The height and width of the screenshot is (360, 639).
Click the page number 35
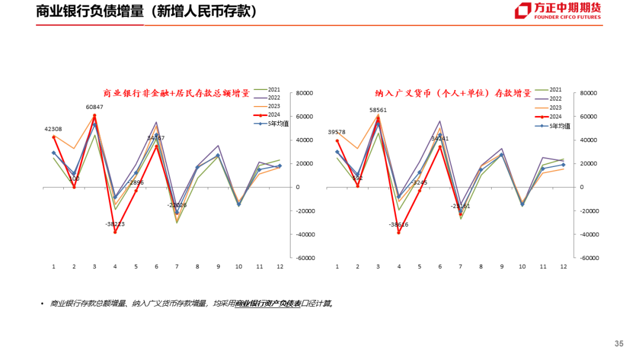tap(619, 344)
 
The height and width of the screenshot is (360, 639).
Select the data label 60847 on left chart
tap(95, 107)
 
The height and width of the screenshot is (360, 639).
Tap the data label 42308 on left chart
tap(53, 129)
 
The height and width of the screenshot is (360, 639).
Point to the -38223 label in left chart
tap(115, 224)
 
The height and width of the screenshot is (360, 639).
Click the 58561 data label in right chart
tap(379, 110)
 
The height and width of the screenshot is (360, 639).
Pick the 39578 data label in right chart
tap(337, 132)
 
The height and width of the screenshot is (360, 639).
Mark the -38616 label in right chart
tap(399, 225)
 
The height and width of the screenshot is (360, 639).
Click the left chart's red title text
tap(176, 94)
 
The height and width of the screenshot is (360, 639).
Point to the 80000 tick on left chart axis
tap(305, 93)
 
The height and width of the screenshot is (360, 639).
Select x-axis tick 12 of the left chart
tap(280, 267)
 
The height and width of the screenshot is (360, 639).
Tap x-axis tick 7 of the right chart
tap(460, 267)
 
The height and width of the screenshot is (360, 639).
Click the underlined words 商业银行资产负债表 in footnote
tap(268, 304)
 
